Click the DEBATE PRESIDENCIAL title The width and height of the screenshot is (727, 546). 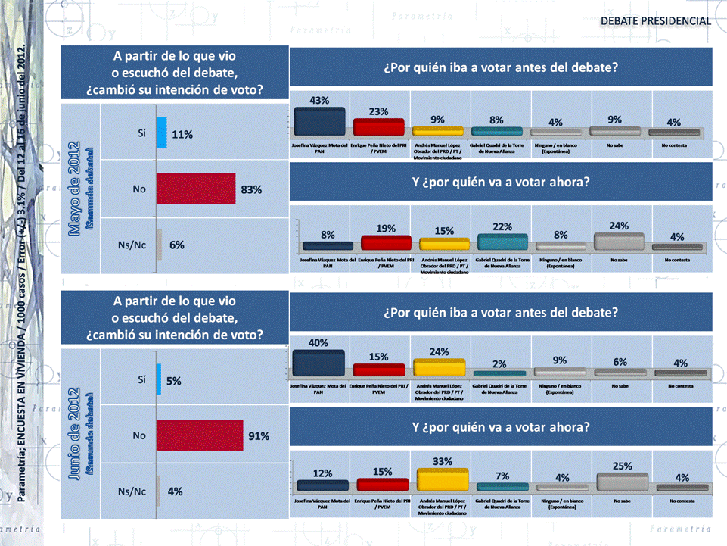pyautogui.click(x=655, y=20)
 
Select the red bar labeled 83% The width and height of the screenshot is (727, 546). pyautogui.click(x=196, y=189)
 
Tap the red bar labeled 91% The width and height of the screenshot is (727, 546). pyautogui.click(x=200, y=435)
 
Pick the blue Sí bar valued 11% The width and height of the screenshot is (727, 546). pyautogui.click(x=161, y=133)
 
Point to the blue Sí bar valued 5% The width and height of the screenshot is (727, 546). pyautogui.click(x=159, y=379)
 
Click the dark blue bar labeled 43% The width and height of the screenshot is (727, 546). pyautogui.click(x=319, y=121)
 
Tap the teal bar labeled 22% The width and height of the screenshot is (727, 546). pyautogui.click(x=502, y=242)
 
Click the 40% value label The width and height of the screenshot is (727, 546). pyautogui.click(x=318, y=342)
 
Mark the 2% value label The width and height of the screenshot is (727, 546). pyautogui.click(x=499, y=363)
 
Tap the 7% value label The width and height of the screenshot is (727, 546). pyautogui.click(x=502, y=475)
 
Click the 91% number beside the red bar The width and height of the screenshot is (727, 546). pyautogui.click(x=259, y=435)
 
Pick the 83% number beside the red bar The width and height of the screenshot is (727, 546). pyautogui.click(x=251, y=189)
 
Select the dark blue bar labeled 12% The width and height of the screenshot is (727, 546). pyautogui.click(x=322, y=485)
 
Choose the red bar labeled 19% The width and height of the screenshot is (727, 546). pyautogui.click(x=386, y=242)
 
